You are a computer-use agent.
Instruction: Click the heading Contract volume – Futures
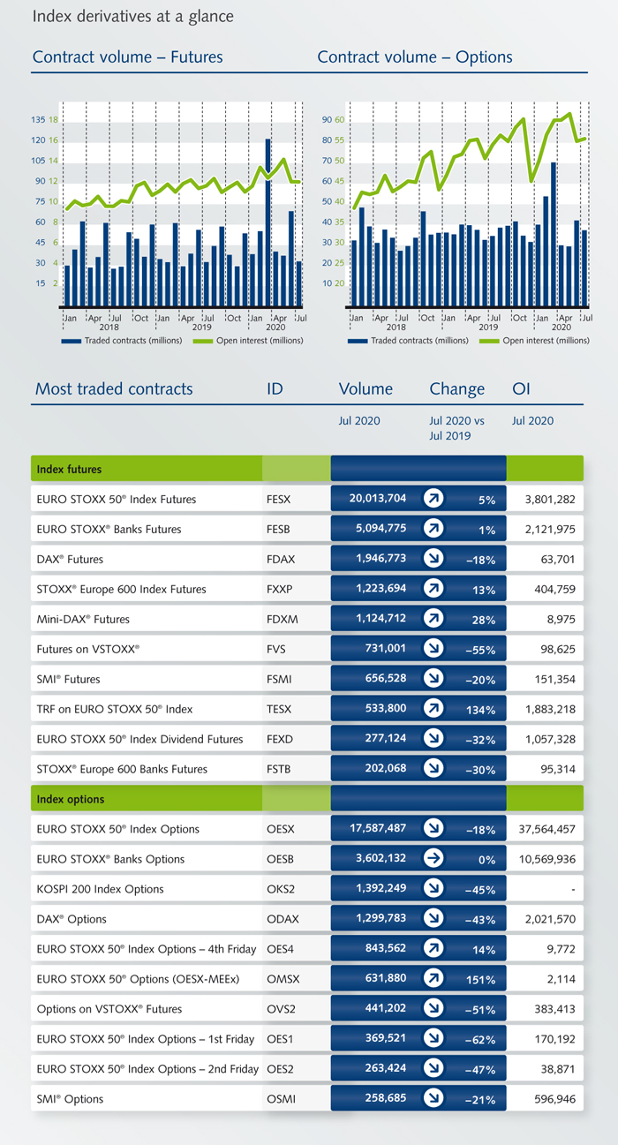tap(127, 57)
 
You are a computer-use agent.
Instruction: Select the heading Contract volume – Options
tap(414, 57)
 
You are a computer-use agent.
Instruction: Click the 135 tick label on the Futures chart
tap(38, 120)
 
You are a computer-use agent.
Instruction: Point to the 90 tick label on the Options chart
tap(327, 120)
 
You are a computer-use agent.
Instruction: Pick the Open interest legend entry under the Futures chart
tap(249, 341)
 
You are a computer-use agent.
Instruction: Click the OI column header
tap(521, 388)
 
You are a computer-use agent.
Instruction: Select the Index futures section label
tap(69, 469)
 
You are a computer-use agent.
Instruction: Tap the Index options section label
tap(71, 799)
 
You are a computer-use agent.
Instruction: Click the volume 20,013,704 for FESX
tap(378, 499)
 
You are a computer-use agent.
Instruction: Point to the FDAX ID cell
tap(278, 559)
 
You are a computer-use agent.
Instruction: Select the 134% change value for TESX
tap(481, 709)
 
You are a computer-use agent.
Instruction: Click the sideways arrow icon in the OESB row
tap(433, 859)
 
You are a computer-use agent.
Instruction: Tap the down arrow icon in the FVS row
tap(433, 649)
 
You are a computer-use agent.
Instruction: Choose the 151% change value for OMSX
tap(481, 979)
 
